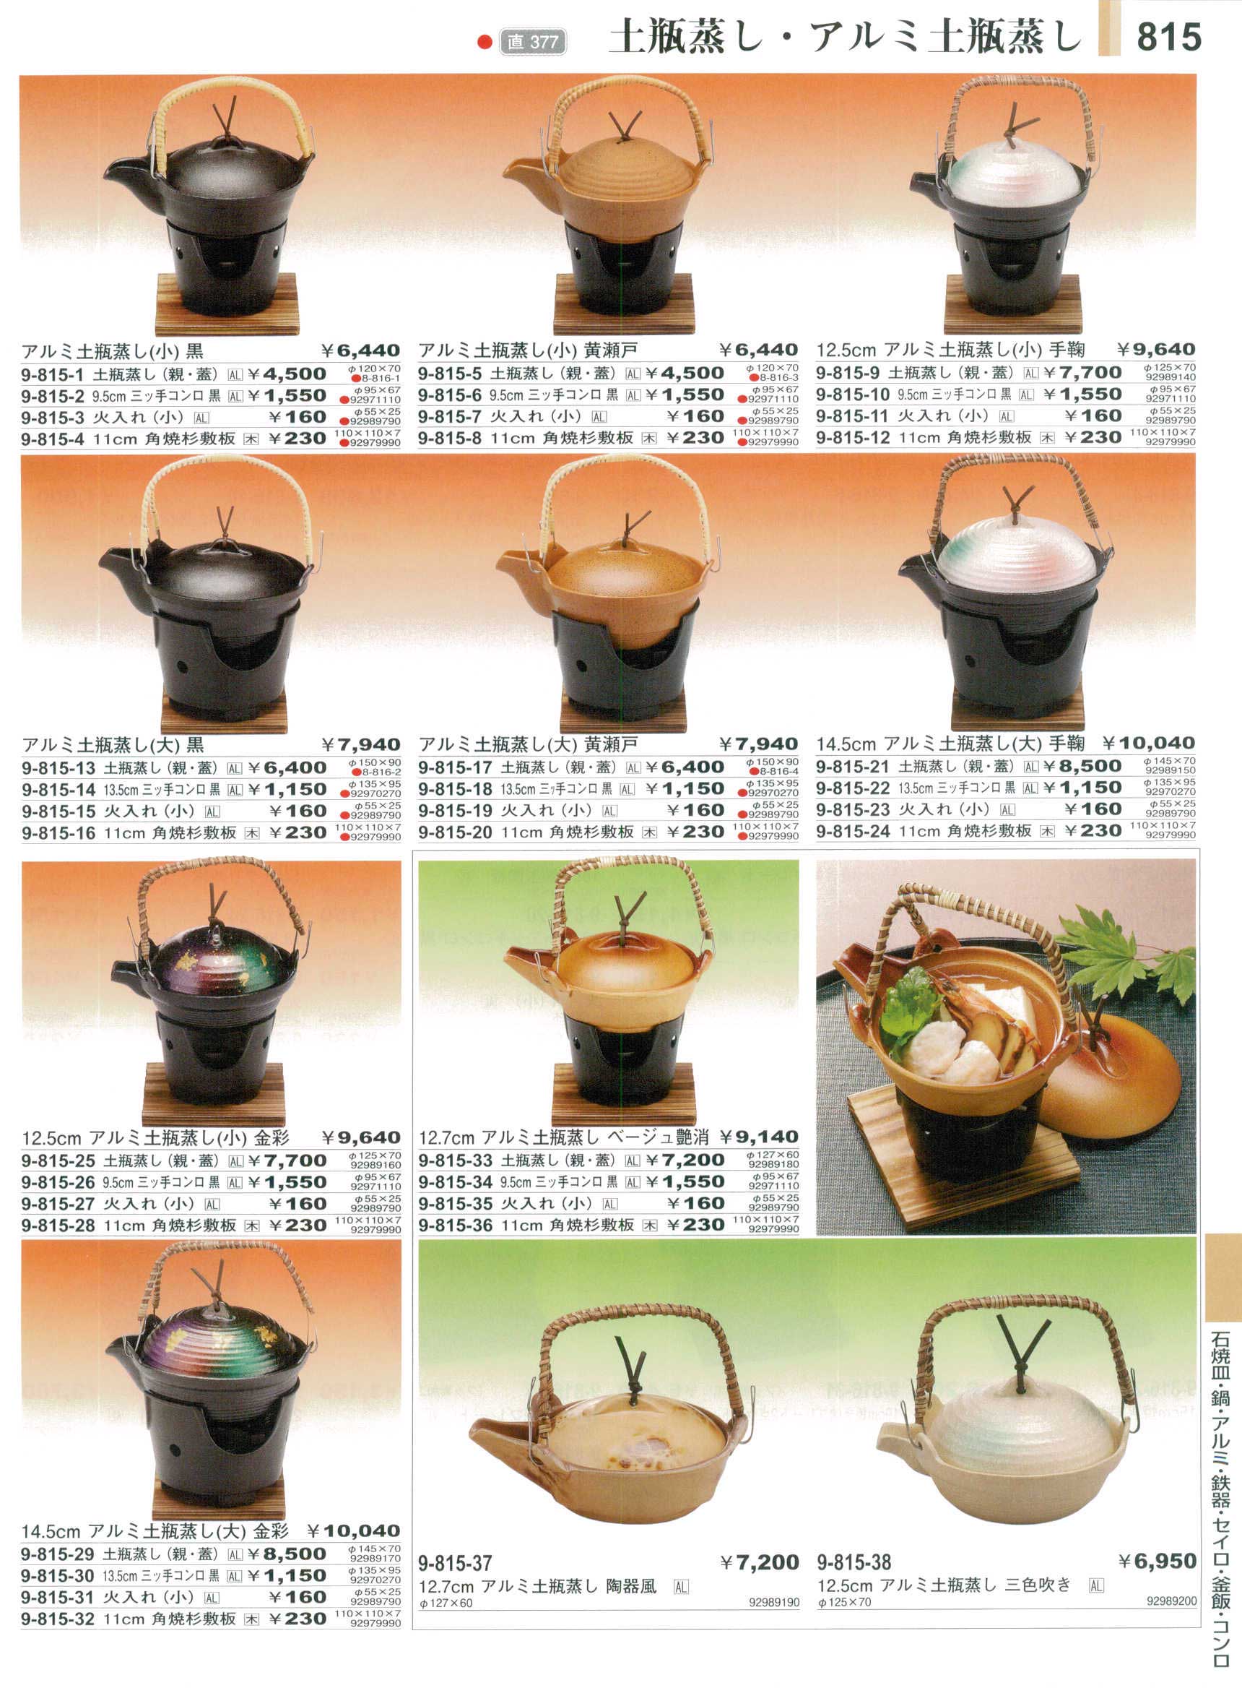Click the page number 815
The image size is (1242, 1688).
[1168, 36]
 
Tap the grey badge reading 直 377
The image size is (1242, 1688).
[532, 42]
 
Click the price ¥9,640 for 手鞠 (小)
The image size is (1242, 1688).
[1155, 349]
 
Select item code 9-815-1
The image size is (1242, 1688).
[53, 374]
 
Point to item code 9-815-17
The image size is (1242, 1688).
[455, 767]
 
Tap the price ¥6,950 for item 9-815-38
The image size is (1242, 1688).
[1157, 1562]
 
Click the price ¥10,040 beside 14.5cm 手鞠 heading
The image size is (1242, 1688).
[1149, 744]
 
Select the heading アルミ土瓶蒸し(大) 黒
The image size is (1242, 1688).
[113, 745]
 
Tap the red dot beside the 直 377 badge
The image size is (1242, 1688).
[485, 42]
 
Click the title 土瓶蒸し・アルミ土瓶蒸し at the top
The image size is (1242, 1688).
[846, 38]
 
